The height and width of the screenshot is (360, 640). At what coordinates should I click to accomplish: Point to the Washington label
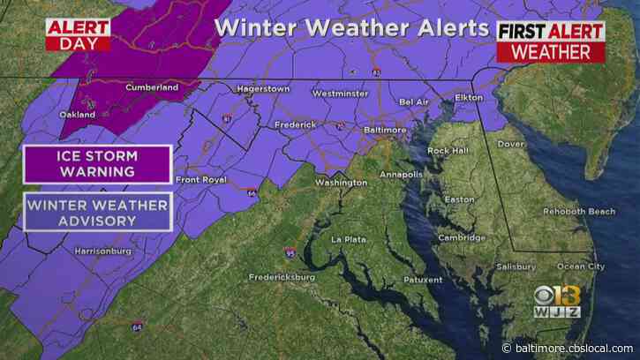point(342,183)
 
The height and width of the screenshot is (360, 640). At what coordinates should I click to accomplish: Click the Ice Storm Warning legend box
point(97,165)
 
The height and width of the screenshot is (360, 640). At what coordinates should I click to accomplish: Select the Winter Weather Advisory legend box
point(97,213)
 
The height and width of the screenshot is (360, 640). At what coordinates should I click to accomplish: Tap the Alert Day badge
point(78,34)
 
